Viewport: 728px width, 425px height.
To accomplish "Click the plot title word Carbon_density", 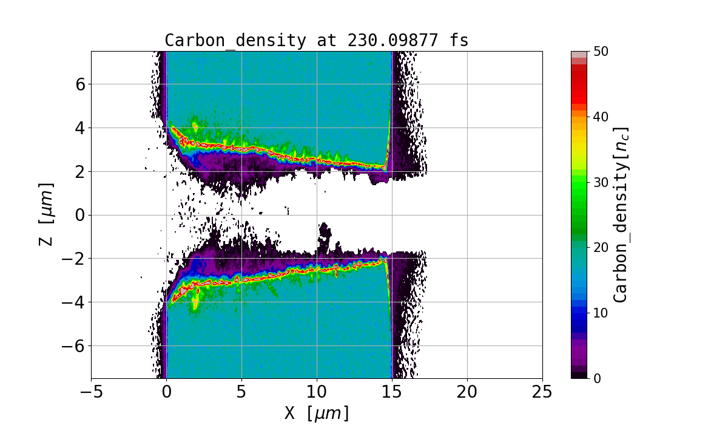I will [x=235, y=41].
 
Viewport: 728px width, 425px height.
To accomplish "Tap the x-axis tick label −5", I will [x=91, y=393].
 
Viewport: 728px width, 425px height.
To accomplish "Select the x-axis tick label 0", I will [x=166, y=393].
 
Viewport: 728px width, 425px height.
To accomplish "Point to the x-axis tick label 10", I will [x=317, y=393].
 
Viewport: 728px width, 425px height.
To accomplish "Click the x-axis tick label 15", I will [x=392, y=393].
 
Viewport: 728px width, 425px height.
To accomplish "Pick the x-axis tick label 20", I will [x=467, y=393].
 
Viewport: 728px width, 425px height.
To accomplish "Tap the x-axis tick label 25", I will [x=542, y=393].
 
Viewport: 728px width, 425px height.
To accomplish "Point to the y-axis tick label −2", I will [x=74, y=259].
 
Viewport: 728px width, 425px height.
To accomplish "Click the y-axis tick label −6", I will [x=74, y=346].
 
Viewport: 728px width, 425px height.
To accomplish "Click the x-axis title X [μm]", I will [x=317, y=413].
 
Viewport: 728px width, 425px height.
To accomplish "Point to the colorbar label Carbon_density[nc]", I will [x=620, y=214].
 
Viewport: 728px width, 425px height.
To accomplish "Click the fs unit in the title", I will [x=460, y=41].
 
